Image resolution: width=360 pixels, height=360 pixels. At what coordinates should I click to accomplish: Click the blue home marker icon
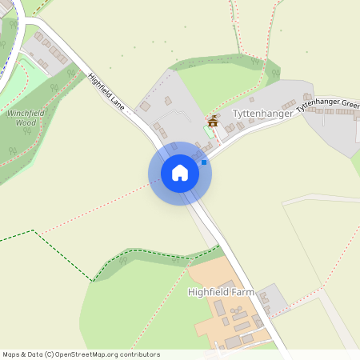(180, 173)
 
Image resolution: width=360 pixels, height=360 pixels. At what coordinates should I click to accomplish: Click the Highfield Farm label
(221, 292)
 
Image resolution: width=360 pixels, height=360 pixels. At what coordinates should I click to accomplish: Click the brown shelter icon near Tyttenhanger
(213, 122)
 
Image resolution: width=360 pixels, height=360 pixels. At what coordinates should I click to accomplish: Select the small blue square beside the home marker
(204, 162)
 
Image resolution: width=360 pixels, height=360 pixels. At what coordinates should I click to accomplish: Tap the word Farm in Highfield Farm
(242, 292)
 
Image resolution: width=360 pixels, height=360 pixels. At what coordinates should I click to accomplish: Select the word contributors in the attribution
(138, 354)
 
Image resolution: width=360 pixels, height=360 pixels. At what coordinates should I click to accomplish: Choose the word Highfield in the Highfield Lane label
(99, 86)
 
